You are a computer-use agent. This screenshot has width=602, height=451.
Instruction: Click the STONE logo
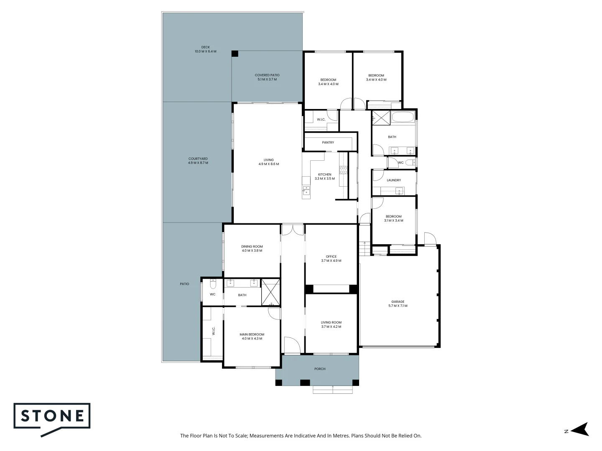tap(52, 418)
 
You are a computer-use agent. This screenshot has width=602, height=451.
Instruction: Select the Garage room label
tap(398, 304)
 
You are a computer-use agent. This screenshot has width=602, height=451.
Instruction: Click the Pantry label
tap(328, 143)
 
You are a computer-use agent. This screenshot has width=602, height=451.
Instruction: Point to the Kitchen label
tap(324, 176)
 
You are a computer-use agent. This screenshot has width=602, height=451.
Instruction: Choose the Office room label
tap(331, 258)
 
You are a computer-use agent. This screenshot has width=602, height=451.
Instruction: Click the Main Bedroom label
tap(252, 336)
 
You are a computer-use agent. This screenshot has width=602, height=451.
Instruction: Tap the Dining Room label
tap(252, 248)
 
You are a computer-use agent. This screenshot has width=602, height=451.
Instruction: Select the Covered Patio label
tap(267, 77)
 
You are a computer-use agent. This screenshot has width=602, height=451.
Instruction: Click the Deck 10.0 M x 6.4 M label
tap(205, 49)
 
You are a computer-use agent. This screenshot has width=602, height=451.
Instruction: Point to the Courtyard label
tap(198, 161)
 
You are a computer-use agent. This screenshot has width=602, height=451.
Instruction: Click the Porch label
tap(319, 369)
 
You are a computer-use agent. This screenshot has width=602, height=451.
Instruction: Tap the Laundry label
tap(393, 180)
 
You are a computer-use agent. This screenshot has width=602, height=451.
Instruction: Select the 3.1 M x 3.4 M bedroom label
tap(393, 218)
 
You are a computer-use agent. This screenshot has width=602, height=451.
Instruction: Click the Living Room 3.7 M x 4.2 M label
tap(331, 324)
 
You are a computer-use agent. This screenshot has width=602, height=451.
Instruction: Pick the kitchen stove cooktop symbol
tap(343, 170)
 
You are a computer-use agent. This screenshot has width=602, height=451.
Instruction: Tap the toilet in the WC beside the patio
tap(213, 285)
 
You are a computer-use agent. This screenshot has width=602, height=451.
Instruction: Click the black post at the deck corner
tap(235, 54)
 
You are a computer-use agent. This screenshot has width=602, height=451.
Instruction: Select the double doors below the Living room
tap(293, 230)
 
